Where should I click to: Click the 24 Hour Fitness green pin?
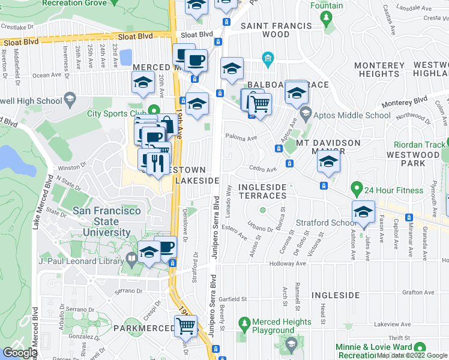(357, 191)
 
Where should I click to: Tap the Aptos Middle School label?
(345, 115)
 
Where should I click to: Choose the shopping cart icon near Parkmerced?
(186, 326)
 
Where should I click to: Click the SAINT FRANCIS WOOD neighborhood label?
(276, 30)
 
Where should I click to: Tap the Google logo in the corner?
(20, 353)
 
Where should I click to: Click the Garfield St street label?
(233, 299)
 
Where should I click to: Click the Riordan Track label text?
(420, 145)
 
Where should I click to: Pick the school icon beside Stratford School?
(363, 212)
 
